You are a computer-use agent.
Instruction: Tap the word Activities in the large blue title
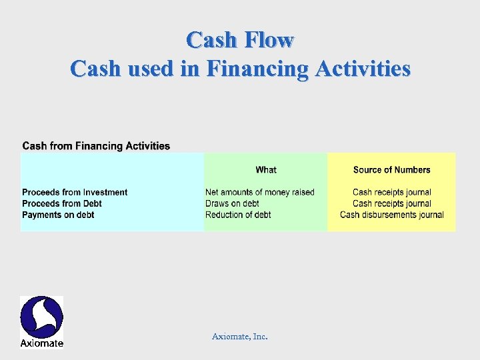360,69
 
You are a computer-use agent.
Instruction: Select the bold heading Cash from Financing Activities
96,146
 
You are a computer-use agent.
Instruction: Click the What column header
266,170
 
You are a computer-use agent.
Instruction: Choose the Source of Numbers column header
391,170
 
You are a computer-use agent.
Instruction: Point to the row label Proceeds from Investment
75,193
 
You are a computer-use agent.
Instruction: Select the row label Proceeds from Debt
62,203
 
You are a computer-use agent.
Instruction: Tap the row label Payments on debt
58,215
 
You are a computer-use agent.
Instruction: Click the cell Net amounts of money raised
259,193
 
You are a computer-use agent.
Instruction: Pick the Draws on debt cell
232,203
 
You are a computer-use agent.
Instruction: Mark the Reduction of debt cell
238,215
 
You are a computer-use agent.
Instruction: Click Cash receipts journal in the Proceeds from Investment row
391,193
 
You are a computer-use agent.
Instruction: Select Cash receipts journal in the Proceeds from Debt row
391,203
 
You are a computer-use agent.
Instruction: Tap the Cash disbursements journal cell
391,215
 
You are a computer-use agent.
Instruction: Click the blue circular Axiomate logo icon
41,317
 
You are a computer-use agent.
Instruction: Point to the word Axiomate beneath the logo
41,343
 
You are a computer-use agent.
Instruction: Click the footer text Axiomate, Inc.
239,337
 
